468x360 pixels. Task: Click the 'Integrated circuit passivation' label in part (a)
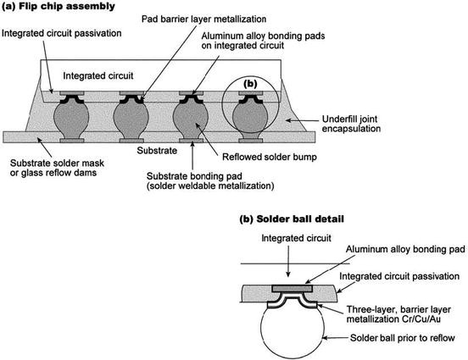(x=64, y=33)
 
